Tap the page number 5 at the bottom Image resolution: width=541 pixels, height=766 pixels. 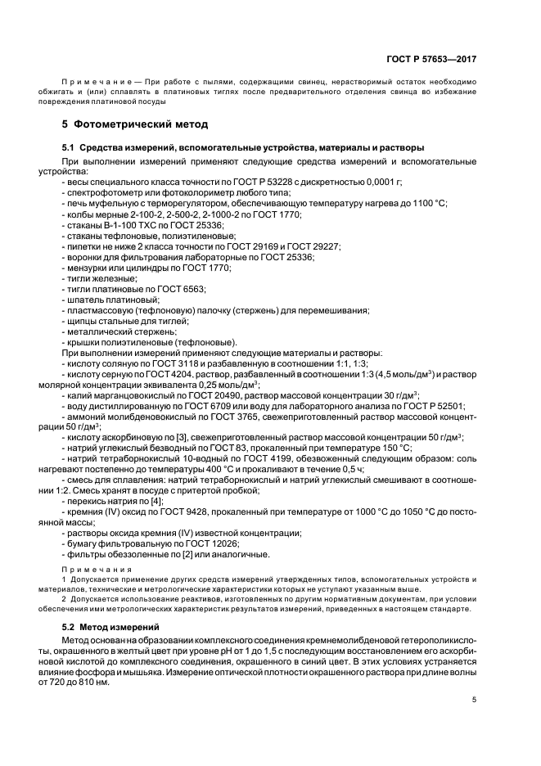(476, 699)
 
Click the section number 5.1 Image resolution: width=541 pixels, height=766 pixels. (69, 147)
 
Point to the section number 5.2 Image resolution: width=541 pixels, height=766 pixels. (69, 626)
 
